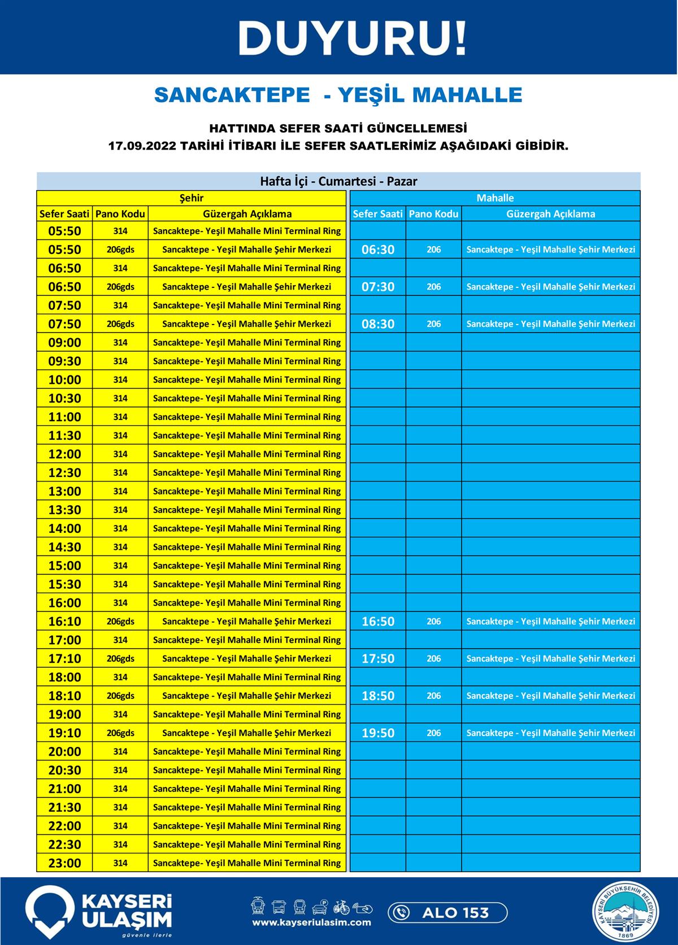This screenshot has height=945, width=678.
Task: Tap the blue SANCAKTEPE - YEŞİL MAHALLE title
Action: pyautogui.click(x=338, y=95)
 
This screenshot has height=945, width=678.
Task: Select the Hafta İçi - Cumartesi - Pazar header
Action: pyautogui.click(x=338, y=181)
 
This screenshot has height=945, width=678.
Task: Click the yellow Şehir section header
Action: pyautogui.click(x=191, y=198)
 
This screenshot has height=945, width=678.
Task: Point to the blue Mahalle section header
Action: pyautogui.click(x=495, y=198)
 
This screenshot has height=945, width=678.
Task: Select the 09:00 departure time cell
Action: pyautogui.click(x=65, y=343)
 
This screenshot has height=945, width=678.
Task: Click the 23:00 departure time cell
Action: pyautogui.click(x=65, y=863)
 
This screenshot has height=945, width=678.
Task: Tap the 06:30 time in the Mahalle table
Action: pyautogui.click(x=378, y=250)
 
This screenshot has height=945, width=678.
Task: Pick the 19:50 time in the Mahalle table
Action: pyautogui.click(x=378, y=733)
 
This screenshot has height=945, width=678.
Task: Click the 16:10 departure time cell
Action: pyautogui.click(x=65, y=622)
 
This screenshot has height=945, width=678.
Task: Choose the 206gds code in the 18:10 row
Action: pyautogui.click(x=120, y=695)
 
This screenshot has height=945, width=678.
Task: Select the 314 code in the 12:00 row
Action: pyautogui.click(x=120, y=454)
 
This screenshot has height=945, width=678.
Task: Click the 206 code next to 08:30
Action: pyautogui.click(x=433, y=324)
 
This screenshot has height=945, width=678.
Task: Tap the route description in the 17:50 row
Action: pyautogui.click(x=550, y=658)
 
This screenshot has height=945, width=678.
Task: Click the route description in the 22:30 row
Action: pyautogui.click(x=247, y=845)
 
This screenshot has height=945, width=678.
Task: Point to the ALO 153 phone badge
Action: pyautogui.click(x=447, y=912)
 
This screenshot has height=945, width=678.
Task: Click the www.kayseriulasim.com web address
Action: pyautogui.click(x=311, y=922)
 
